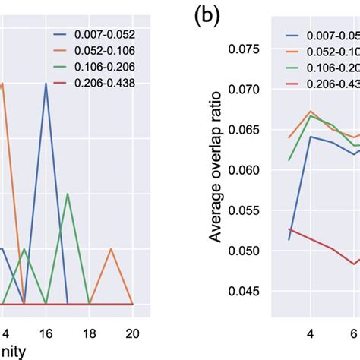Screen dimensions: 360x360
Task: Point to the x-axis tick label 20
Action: [133, 332]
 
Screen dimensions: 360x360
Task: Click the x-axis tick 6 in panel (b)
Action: [354, 332]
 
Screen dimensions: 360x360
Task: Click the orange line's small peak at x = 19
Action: [111, 248]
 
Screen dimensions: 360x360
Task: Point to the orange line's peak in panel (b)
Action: [311, 111]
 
